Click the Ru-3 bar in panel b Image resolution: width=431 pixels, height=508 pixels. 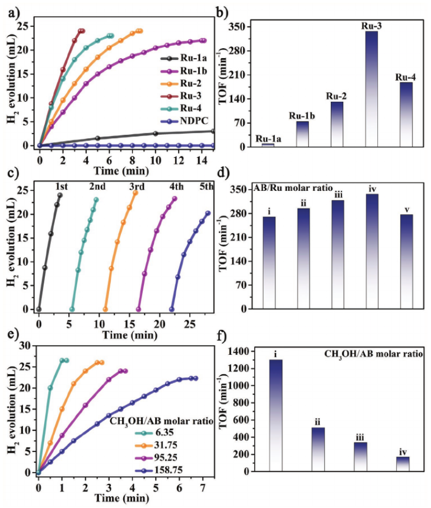[x=372, y=90]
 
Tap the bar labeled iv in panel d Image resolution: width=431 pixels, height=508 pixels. [x=372, y=251]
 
